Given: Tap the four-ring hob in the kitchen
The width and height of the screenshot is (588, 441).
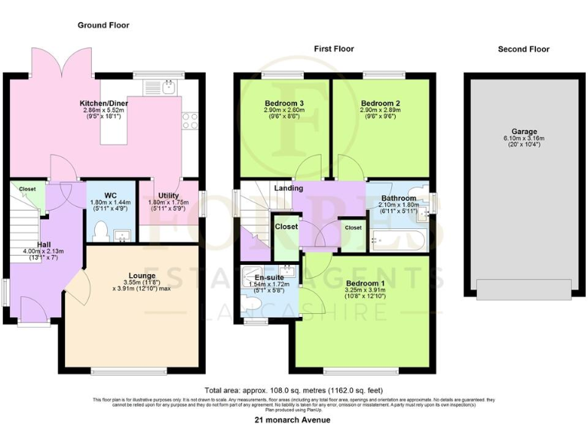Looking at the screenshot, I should click(189, 121).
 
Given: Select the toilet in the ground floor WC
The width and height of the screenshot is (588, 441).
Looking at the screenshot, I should click(100, 229).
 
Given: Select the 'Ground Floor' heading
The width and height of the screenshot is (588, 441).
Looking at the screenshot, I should click(103, 25).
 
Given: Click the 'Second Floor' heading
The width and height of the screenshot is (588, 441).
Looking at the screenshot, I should click(524, 49).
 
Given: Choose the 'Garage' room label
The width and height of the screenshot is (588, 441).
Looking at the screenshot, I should click(524, 131).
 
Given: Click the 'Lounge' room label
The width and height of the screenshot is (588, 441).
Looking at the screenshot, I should click(142, 276).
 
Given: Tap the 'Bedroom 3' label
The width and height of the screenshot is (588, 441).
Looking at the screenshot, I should click(284, 103).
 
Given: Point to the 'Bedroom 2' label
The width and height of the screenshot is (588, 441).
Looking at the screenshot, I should click(381, 103).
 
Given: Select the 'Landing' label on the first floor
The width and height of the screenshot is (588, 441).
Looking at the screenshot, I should click(289, 188).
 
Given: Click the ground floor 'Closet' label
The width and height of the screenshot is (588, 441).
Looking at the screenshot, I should click(28, 188).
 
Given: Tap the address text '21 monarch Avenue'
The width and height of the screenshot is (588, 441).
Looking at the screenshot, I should click(294, 420).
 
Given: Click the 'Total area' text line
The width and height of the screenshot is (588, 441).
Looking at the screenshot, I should click(294, 389).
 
